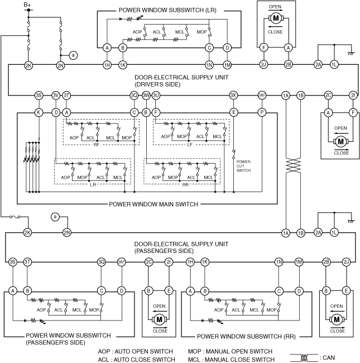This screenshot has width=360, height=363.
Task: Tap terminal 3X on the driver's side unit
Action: pos(234,95)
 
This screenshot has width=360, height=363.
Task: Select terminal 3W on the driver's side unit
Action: pos(146,95)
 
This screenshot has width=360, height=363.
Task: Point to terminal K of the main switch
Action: pos(39,112)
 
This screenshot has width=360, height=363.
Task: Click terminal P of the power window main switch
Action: pos(261,112)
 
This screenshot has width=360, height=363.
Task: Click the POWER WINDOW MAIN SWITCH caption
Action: pos(153,204)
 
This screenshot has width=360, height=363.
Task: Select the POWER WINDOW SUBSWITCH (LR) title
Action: pos(165,11)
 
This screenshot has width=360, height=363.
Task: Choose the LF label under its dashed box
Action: pos(190,144)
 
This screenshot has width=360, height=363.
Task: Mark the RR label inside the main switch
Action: pos(185,184)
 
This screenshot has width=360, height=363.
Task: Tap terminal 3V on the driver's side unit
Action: pos(56,95)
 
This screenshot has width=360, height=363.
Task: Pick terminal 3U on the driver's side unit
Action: pos(156,95)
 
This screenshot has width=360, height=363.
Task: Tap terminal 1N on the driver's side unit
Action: pos(209,65)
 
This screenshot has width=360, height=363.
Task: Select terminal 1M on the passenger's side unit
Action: pos(299,261)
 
